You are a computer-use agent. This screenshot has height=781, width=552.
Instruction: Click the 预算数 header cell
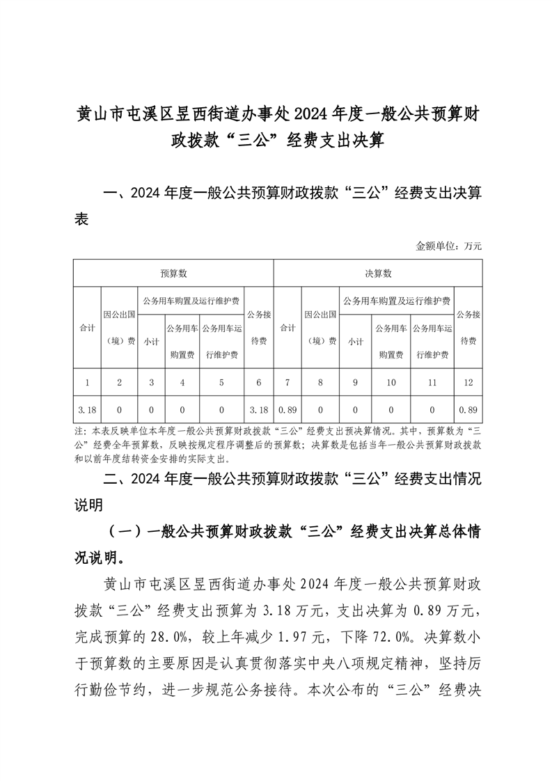(173, 274)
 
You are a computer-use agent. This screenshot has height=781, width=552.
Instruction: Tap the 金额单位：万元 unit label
(449, 246)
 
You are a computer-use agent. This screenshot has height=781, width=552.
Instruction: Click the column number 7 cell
(287, 382)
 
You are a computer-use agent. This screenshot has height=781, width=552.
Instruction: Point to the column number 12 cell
(468, 382)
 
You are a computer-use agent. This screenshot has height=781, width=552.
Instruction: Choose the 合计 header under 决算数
(287, 327)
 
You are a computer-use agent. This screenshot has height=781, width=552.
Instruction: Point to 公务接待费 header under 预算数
(259, 327)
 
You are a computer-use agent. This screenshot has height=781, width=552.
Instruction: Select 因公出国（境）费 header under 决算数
(320, 327)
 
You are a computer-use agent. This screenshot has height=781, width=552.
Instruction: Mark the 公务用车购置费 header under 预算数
(181, 341)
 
